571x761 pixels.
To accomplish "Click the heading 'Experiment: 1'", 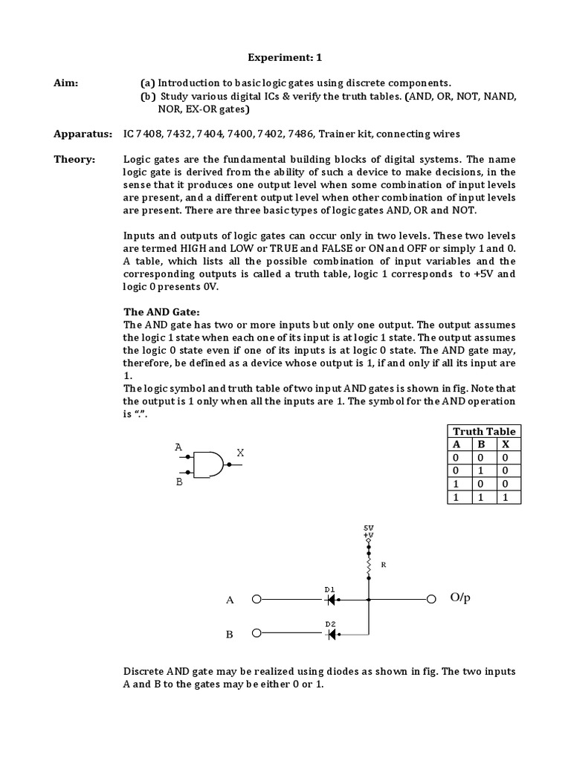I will coord(285,56).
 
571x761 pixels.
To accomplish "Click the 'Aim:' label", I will coord(66,83).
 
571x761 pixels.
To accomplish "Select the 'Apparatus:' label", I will coord(83,134).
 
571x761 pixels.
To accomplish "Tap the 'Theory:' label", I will coord(74,160).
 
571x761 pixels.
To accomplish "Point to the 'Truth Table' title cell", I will coord(484,431).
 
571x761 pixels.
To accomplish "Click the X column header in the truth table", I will coord(505,444).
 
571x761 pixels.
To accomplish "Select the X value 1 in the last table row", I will coord(505,498).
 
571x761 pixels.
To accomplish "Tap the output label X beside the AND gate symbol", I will coord(240,453).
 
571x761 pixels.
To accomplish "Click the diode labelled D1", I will coord(332,599).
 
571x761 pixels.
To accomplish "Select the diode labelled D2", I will coord(332,634).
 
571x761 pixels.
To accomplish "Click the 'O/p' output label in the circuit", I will coord(461,599).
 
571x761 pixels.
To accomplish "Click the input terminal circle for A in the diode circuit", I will coord(257,599).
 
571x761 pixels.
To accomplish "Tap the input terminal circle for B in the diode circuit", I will coord(257,634).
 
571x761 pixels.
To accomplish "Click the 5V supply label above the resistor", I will coord(369,528).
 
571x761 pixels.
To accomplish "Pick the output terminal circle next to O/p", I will coord(431,599).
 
